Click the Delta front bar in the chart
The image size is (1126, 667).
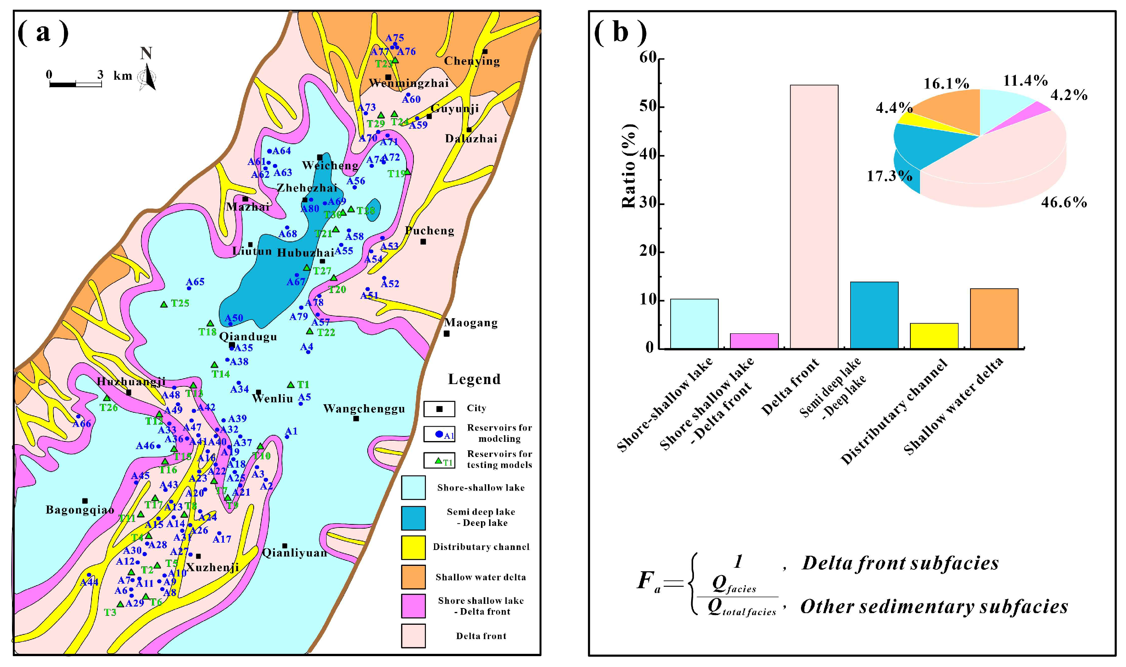814,216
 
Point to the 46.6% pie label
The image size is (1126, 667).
1064,202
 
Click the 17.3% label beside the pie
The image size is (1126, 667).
889,176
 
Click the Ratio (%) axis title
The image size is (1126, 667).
629,166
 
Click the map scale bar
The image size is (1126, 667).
75,84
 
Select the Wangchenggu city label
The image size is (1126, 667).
364,408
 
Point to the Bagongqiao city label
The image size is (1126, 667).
80,510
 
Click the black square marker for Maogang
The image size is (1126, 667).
446,333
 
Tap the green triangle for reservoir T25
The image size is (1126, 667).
164,304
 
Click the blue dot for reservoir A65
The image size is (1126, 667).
189,288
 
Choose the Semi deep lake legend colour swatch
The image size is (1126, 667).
413,518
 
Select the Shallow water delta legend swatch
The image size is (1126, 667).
413,577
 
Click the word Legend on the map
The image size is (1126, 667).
474,379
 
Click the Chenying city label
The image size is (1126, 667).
472,61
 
